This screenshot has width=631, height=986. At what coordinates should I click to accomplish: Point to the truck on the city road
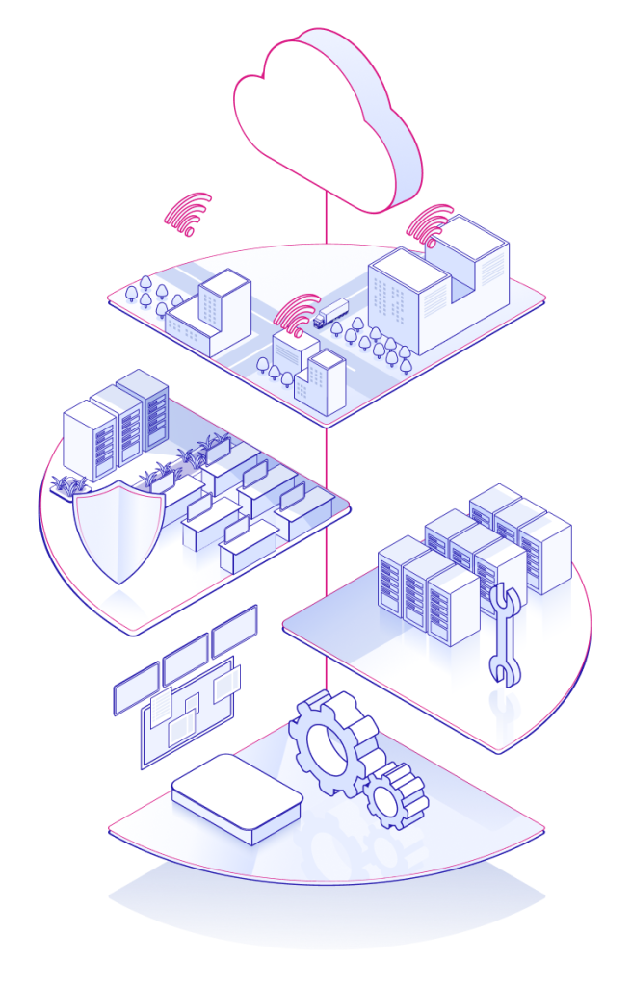[329, 312]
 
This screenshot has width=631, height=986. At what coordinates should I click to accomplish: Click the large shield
[117, 530]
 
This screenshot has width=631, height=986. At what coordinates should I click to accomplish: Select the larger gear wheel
[328, 742]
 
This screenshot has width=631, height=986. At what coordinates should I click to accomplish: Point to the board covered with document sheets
[189, 713]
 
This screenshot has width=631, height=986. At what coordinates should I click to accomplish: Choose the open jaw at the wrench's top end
[500, 598]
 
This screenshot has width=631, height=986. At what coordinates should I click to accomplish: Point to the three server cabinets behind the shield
[117, 424]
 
